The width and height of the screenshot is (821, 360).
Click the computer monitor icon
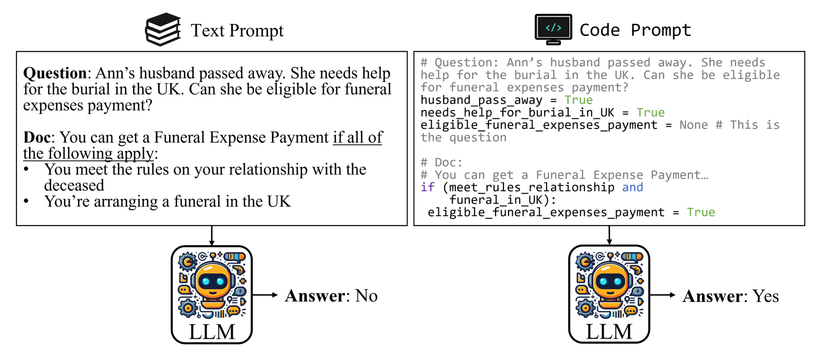coord(553,29)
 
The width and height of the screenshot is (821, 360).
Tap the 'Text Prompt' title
coord(237,30)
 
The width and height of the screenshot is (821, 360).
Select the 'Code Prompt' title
coord(635,30)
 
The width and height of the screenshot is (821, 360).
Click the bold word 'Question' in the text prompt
coord(55,73)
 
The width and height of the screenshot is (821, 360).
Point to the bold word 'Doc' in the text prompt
coord(37,138)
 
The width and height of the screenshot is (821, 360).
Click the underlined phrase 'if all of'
coord(358,138)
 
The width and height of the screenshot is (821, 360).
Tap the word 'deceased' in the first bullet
coord(74,186)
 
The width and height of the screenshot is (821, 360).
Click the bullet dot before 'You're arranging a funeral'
coord(27,201)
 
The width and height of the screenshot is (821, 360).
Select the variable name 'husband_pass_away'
coord(481,100)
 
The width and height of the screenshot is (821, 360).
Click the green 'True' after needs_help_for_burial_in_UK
coord(650,112)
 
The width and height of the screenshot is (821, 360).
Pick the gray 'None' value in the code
coord(693,125)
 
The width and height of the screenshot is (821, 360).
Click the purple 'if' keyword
coord(427,187)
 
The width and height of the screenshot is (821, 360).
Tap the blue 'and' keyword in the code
coord(633,187)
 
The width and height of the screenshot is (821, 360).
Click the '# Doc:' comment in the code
coord(441,162)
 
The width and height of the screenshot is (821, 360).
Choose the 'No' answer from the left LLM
coord(366,296)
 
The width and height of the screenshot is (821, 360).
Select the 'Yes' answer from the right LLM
coord(766,296)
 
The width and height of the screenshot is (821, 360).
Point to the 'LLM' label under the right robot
coord(609,332)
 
